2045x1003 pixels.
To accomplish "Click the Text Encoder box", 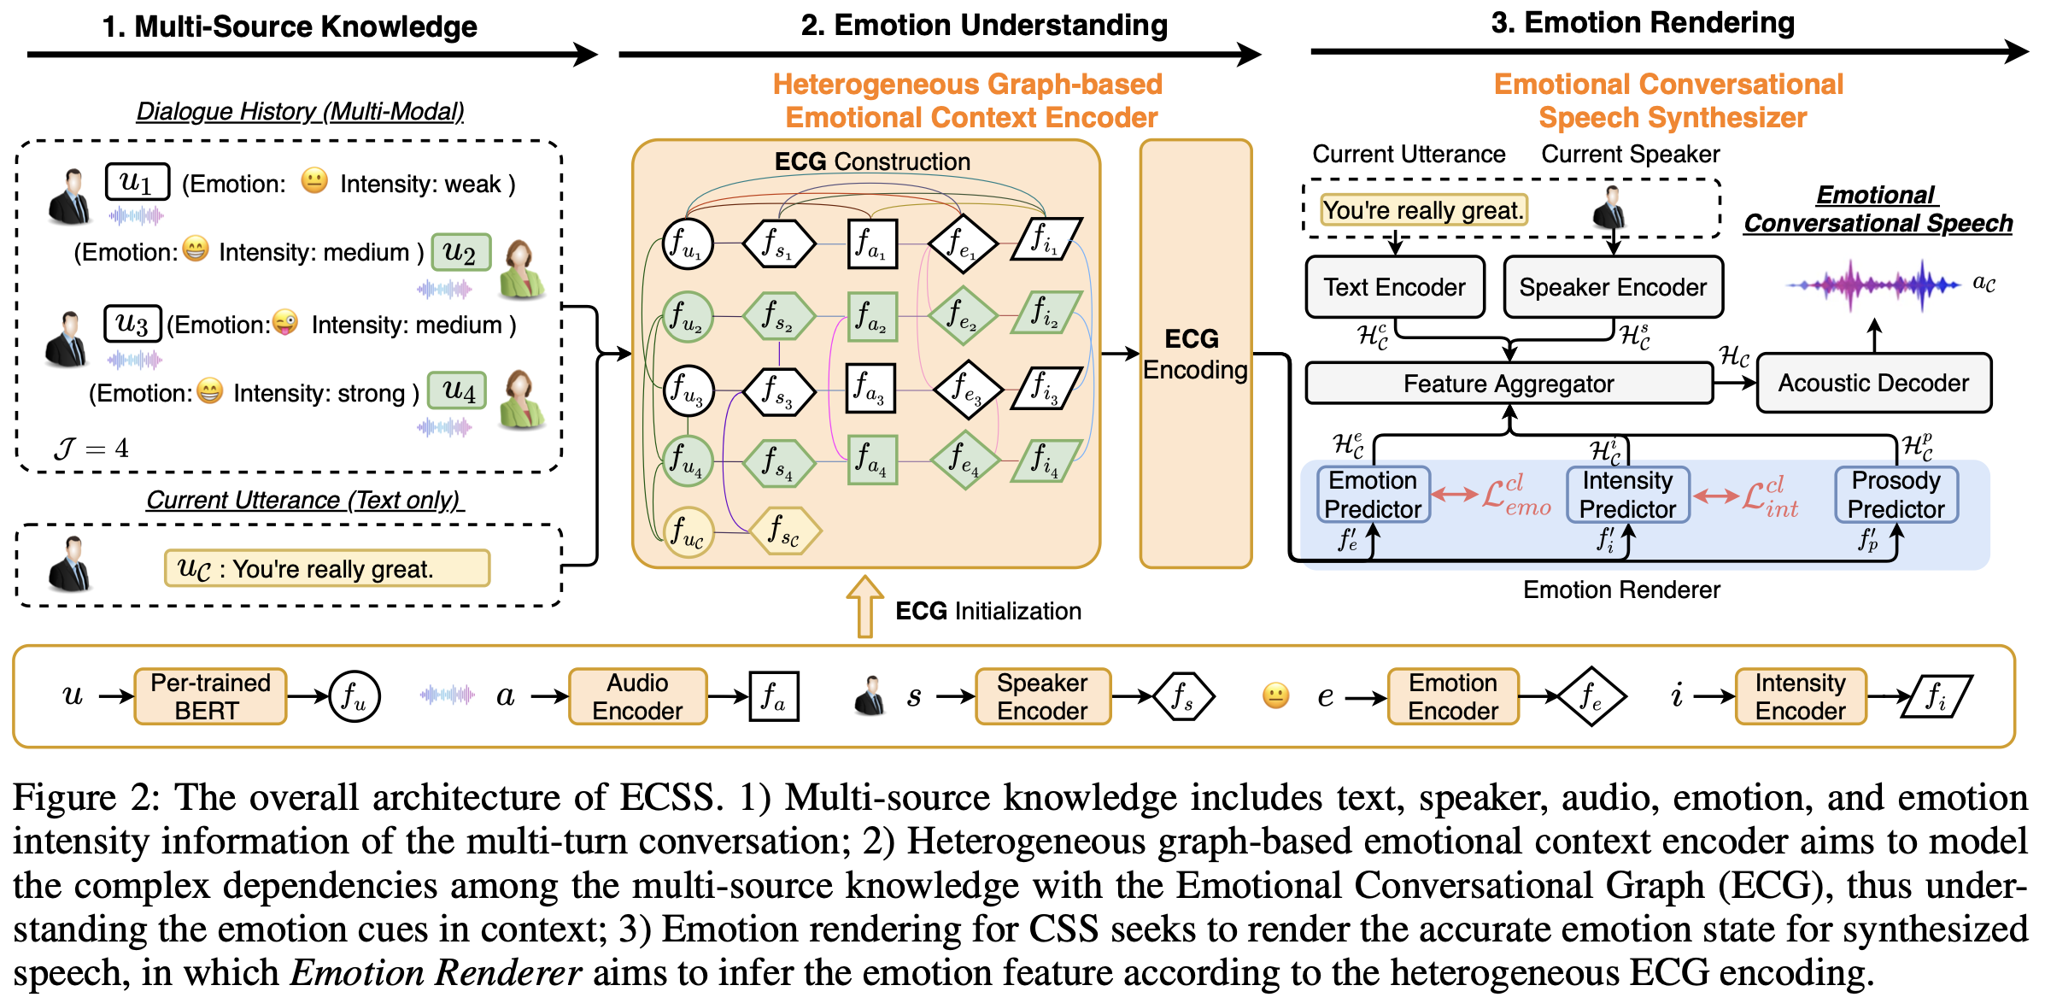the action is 1395,287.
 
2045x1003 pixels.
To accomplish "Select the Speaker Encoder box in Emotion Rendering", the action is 1613,287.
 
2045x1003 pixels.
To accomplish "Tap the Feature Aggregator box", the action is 1509,384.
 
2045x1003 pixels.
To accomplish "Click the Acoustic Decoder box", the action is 1873,383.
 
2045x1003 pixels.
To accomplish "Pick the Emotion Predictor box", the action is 1373,495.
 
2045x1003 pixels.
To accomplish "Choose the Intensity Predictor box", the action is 1627,495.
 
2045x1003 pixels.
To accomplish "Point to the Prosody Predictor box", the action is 1896,495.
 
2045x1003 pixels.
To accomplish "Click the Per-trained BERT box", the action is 210,696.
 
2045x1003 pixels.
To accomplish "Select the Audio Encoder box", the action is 637,696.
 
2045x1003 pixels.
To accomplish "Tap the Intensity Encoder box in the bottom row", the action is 1801,696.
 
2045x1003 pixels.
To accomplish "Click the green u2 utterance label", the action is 460,253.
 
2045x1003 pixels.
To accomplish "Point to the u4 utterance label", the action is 458,391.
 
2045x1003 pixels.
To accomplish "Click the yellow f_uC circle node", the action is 689,531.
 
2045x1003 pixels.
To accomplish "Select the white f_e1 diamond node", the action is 963,244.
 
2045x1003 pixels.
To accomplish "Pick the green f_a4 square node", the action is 872,460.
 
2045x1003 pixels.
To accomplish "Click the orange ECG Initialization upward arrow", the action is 864,607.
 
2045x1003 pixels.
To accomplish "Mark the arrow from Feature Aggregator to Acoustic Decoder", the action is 1735,383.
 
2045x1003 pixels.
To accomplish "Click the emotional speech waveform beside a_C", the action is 1873,284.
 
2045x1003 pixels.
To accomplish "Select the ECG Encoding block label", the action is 1194,354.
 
